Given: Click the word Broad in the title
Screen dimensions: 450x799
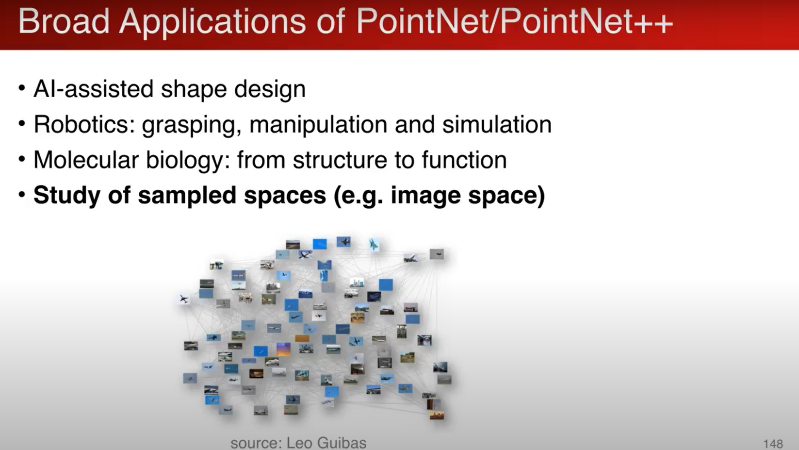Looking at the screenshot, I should pos(64,22).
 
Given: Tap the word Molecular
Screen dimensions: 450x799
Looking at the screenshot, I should pos(86,160).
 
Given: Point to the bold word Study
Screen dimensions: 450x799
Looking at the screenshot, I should pos(67,196).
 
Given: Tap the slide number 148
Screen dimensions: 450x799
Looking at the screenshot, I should pos(773,444).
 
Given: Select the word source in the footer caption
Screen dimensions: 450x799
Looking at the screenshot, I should pos(256,443).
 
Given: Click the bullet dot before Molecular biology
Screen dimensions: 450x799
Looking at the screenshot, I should pos(22,159).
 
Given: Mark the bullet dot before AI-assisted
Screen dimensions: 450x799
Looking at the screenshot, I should pos(22,88).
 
